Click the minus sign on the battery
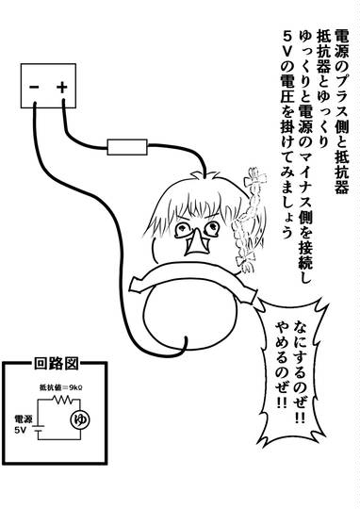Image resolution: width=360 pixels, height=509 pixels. coord(34,87)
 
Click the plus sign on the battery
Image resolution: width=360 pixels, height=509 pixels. coord(61,87)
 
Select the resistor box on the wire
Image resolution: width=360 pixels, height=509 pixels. coord(127,147)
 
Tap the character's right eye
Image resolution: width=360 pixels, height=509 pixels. coord(212,227)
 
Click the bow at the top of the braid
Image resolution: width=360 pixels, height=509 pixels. coord(255,178)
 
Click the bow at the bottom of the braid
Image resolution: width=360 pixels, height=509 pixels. coord(246,263)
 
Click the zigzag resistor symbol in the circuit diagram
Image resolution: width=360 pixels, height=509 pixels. coord(62,400)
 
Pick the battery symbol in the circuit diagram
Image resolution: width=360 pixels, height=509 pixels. coord(39,428)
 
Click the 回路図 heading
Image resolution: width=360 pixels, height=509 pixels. coord(57,364)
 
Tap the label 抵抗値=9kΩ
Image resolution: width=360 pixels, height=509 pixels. coord(58,387)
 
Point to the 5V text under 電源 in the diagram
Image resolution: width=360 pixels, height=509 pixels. coord(21,431)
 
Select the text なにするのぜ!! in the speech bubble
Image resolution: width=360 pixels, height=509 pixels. coord(299,371)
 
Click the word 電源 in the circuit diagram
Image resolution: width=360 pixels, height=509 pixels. coord(24,419)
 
